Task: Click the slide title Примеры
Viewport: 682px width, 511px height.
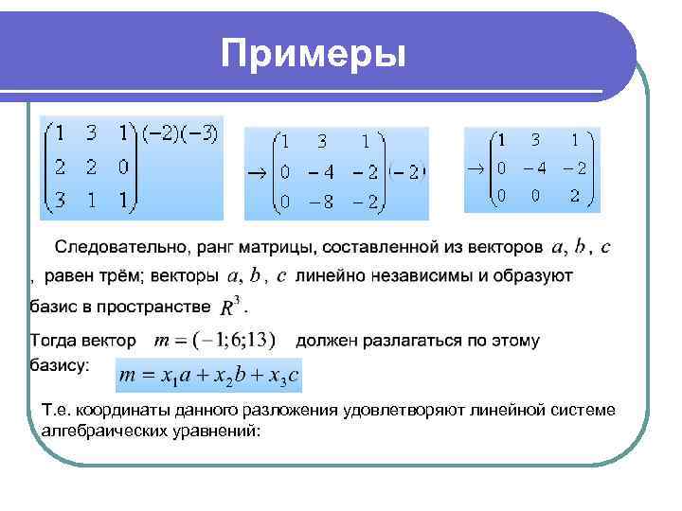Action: click(313, 54)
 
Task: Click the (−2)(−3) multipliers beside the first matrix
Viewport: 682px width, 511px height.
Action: click(180, 135)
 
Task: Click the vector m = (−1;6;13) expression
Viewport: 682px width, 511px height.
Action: click(215, 340)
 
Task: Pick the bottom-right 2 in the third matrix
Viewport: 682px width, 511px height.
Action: click(574, 196)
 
